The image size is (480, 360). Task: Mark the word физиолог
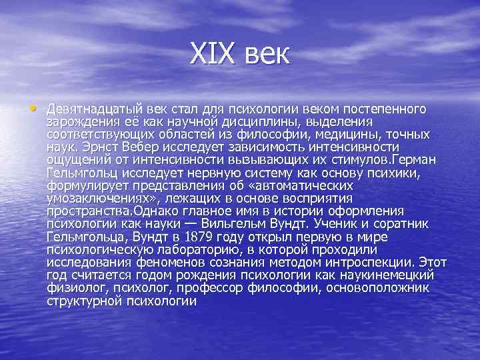pyautogui.click(x=74, y=287)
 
